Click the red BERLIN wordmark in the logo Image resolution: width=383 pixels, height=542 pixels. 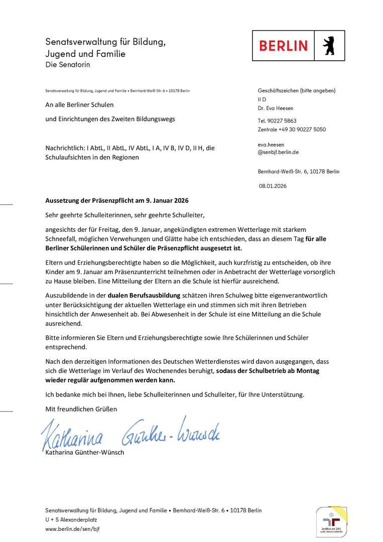click(283, 46)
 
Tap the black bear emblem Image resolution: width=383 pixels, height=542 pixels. click(329, 46)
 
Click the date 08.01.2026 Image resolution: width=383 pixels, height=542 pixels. click(273, 185)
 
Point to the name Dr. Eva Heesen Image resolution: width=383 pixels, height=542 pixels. click(275, 108)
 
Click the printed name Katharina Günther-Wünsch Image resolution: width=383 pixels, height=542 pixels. click(84, 452)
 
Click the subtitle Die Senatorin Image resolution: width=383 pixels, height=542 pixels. click(68, 64)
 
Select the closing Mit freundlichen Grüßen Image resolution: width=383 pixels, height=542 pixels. click(81, 409)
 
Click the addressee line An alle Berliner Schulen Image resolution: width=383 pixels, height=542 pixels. click(79, 104)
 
